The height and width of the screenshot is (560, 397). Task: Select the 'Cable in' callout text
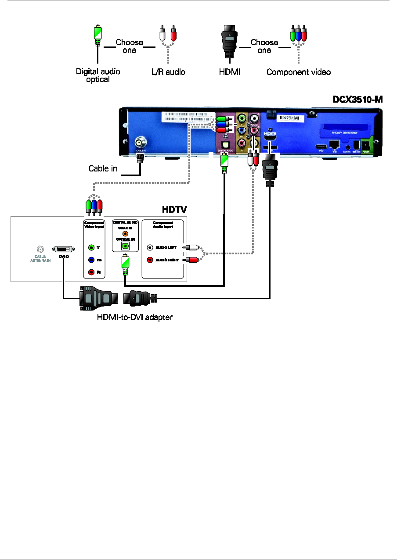(103, 168)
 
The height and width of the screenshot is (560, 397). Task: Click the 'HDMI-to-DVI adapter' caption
(134, 317)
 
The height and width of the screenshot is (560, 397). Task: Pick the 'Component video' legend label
(299, 72)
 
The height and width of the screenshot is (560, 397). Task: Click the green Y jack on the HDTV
(91, 247)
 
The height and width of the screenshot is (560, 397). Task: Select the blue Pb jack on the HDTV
(91, 260)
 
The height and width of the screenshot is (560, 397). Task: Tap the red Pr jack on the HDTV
(91, 272)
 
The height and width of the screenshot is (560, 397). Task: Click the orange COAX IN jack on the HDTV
(125, 233)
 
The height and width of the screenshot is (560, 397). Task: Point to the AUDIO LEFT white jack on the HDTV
(150, 247)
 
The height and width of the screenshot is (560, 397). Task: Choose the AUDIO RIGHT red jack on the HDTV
(150, 260)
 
